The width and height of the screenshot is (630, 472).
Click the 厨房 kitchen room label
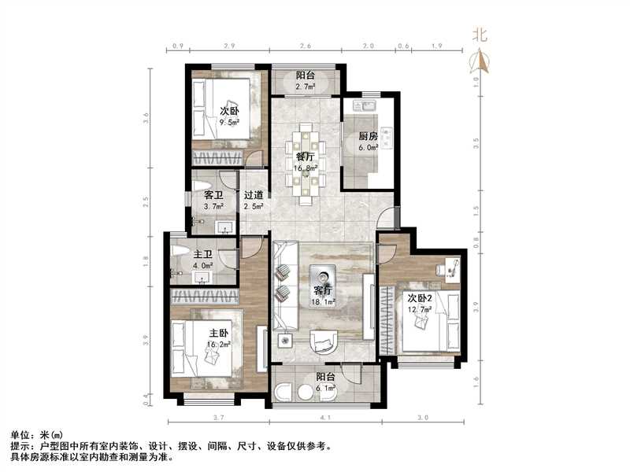tap(368, 136)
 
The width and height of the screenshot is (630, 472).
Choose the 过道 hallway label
tap(252, 196)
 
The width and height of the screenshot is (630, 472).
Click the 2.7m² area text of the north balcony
tap(305, 87)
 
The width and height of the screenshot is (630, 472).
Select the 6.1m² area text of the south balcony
tap(326, 388)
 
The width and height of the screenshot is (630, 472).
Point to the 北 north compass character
tap(480, 35)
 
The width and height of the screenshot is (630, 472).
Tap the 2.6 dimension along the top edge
tap(305, 46)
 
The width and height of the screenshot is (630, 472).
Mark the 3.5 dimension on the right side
tap(475, 144)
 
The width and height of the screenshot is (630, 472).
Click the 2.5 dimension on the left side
tap(146, 201)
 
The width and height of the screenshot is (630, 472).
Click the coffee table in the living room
tap(324, 278)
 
